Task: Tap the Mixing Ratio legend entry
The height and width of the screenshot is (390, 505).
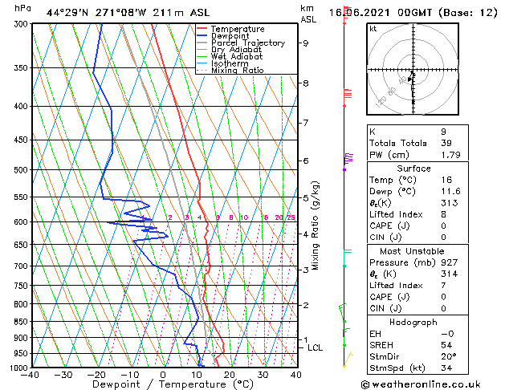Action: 238,71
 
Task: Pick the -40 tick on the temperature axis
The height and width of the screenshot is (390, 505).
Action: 31,375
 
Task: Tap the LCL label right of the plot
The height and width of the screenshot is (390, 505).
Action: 315,347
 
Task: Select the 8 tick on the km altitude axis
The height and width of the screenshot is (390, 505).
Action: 306,83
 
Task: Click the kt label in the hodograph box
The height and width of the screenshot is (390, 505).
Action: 373,29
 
